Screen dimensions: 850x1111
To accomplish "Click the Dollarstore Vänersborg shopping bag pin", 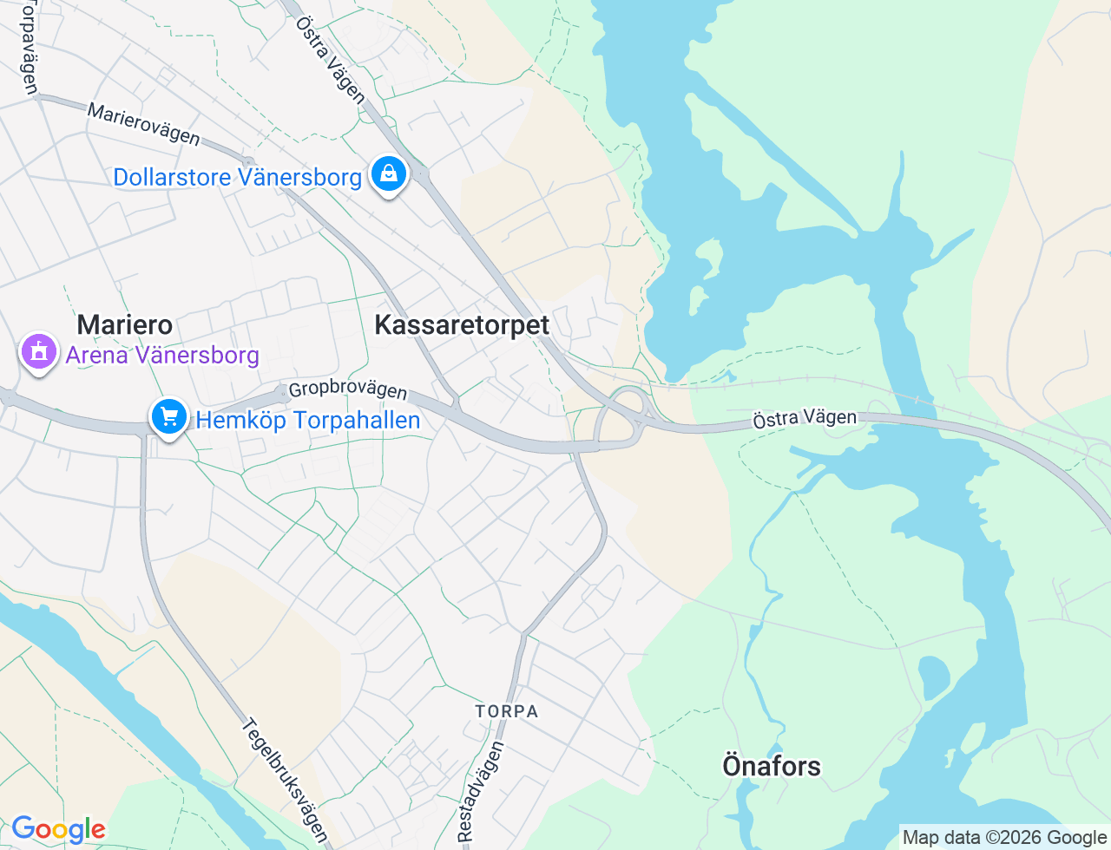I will pyautogui.click(x=390, y=174).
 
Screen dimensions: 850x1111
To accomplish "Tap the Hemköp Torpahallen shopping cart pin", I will pyautogui.click(x=169, y=418).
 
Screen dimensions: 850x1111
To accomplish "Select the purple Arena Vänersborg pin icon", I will pyautogui.click(x=39, y=352).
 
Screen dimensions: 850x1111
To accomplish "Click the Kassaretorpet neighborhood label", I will pyautogui.click(x=462, y=325).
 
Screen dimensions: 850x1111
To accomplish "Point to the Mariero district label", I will pyautogui.click(x=124, y=325).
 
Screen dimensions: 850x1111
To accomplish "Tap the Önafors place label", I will pyautogui.click(x=771, y=766).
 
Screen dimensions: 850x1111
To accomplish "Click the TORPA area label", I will pyautogui.click(x=507, y=711).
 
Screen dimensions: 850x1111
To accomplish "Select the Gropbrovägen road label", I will pyautogui.click(x=348, y=389).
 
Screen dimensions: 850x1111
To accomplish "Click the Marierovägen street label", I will pyautogui.click(x=144, y=124).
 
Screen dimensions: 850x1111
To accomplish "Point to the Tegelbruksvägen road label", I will pyautogui.click(x=285, y=778).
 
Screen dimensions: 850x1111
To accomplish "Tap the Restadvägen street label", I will pyautogui.click(x=480, y=790).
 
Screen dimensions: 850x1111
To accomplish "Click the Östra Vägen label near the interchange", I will pyautogui.click(x=805, y=419).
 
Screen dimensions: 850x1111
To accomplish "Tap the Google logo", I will pyautogui.click(x=58, y=830).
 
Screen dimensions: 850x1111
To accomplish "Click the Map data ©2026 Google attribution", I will pyautogui.click(x=1004, y=837).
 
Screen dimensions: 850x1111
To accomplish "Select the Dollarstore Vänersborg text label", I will pyautogui.click(x=237, y=178).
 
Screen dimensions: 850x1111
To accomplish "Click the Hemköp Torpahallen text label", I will pyautogui.click(x=308, y=421).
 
